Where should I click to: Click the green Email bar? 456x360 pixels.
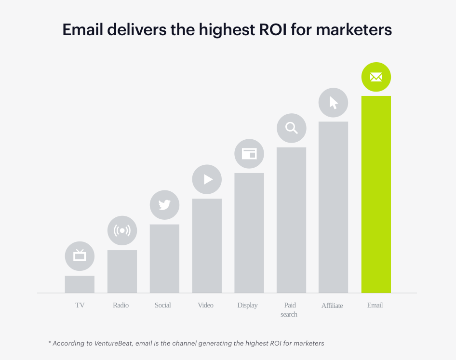(376, 194)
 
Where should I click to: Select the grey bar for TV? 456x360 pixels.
(80, 284)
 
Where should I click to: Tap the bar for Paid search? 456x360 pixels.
(291, 220)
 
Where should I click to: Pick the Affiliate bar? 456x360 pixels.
(334, 207)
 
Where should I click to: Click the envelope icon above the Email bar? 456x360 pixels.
(376, 77)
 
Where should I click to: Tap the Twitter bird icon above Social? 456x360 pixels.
(164, 205)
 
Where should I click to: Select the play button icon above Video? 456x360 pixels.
(207, 179)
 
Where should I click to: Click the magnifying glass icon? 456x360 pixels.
(292, 128)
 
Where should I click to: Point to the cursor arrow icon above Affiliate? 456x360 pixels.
(334, 102)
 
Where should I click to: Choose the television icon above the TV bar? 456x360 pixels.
(80, 256)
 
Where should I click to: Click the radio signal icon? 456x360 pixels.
(122, 230)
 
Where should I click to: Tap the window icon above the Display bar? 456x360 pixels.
(249, 154)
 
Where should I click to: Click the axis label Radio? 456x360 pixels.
(121, 305)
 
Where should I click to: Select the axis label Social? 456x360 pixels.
(163, 305)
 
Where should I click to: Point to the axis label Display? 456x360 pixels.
(248, 305)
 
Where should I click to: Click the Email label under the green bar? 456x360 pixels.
(375, 305)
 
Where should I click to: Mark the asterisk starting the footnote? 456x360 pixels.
(50, 342)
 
